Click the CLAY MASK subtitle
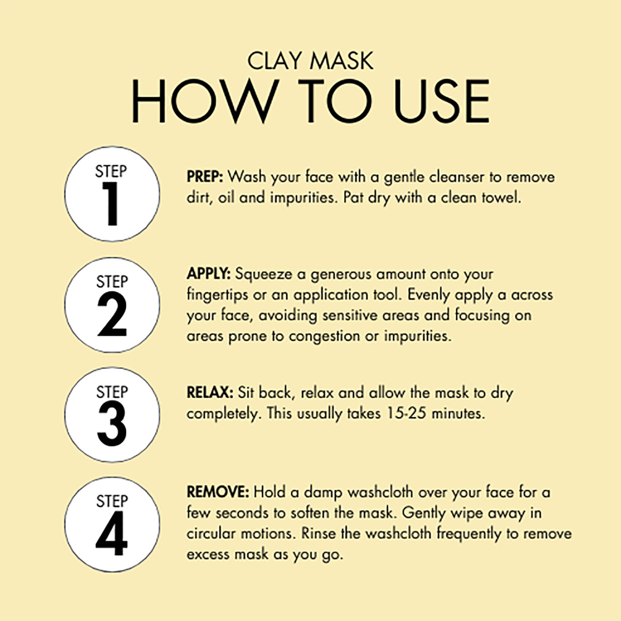(x=310, y=61)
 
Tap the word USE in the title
(x=441, y=100)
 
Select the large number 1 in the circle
(x=112, y=204)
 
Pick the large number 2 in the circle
(x=112, y=314)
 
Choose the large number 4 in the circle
(x=112, y=534)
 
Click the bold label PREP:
(x=205, y=177)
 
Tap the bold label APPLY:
(x=209, y=274)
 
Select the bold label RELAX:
(x=210, y=392)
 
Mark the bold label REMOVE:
(x=218, y=492)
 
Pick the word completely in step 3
(x=223, y=414)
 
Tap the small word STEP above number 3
(x=112, y=392)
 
